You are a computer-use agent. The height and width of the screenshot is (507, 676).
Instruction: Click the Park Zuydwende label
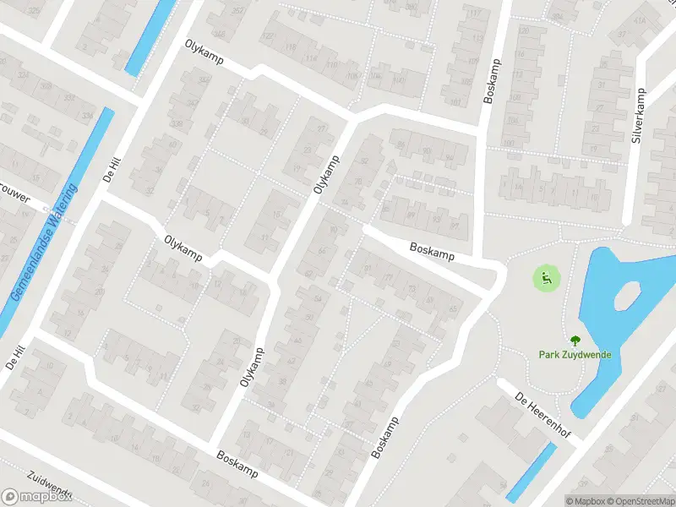pos(575,355)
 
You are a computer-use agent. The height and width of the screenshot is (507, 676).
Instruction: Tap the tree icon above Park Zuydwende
pos(575,341)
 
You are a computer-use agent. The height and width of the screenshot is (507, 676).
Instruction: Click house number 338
pos(177,124)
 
